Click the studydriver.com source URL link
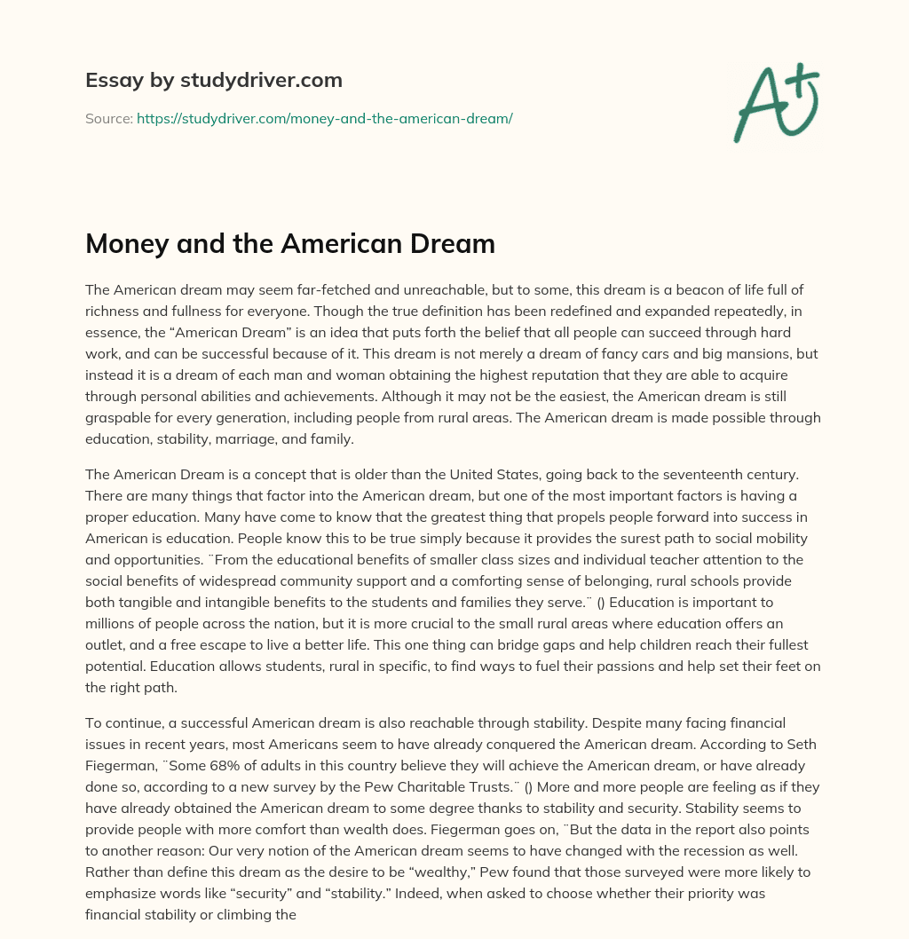point(324,117)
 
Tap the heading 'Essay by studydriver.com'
point(213,80)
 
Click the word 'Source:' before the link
point(108,117)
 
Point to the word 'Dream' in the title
point(453,243)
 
